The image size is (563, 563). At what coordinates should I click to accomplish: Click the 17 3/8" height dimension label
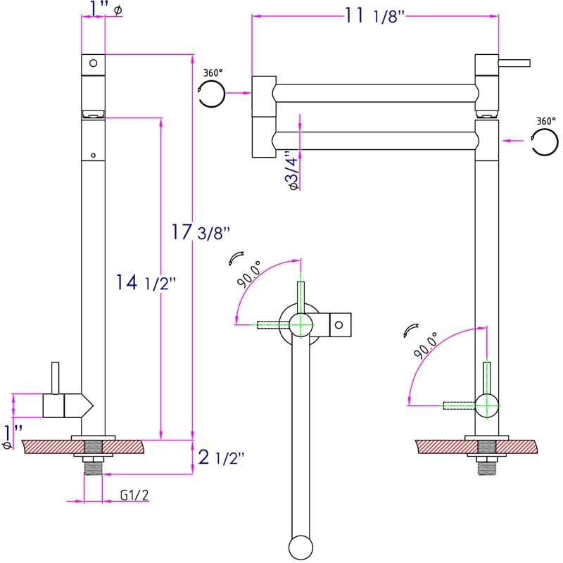pos(201,232)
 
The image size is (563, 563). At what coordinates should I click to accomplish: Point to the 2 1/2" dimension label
pos(221,457)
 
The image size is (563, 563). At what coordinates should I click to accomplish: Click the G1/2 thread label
pos(134,495)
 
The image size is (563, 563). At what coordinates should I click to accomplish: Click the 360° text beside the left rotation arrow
pos(213,72)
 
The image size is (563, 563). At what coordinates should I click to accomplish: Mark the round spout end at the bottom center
pos(301,548)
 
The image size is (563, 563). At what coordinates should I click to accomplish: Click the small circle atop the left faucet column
pos(92,64)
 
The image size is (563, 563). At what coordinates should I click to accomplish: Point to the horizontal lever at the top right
pos(514,63)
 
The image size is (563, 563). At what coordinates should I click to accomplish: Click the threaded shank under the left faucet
pos(93,464)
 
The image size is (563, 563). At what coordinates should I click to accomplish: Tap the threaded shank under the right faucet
pos(486,464)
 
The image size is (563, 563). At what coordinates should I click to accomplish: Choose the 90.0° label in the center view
pos(249,274)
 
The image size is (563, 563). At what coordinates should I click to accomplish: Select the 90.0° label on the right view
pos(426,347)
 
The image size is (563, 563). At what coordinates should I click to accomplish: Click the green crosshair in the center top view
pos(301,324)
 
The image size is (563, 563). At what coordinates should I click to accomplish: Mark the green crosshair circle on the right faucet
pos(486,405)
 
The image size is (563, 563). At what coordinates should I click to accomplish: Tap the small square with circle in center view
pos(340,324)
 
